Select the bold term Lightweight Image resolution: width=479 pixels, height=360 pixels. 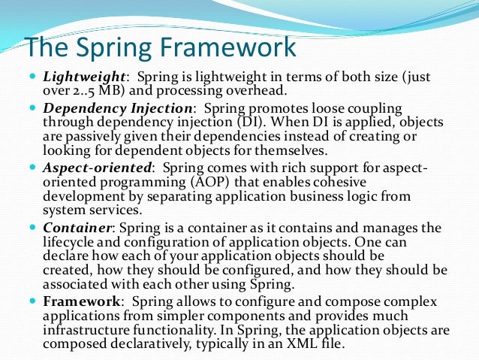[x=84, y=77]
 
